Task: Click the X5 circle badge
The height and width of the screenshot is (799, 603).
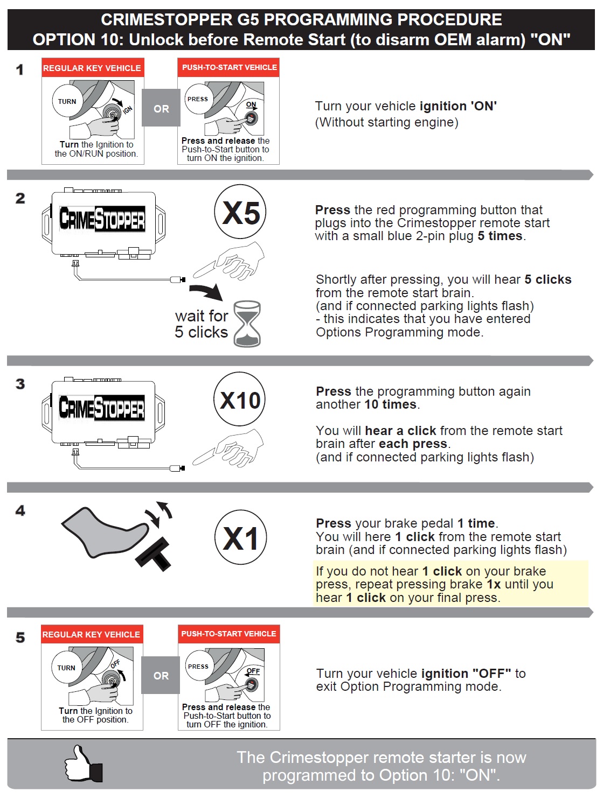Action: tap(240, 212)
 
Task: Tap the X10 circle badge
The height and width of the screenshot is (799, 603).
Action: tap(239, 399)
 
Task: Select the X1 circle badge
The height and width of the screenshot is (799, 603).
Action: tap(240, 537)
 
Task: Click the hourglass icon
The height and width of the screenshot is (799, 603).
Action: tap(247, 323)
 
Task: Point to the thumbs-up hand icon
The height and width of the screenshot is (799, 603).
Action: tap(83, 763)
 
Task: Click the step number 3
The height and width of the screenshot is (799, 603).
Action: tap(20, 384)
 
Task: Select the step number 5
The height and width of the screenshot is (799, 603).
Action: tap(20, 637)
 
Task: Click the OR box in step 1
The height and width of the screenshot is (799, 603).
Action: tap(161, 108)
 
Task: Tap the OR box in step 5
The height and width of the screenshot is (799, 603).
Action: tap(161, 676)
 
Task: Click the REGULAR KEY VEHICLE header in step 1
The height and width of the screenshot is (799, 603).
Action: tap(92, 68)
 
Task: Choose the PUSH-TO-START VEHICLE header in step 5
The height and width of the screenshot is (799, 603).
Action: tap(229, 634)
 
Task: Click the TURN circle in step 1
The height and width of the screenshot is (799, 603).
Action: tap(67, 101)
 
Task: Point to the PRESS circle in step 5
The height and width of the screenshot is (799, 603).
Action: tap(198, 666)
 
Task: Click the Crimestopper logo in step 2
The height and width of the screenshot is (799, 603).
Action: tap(102, 219)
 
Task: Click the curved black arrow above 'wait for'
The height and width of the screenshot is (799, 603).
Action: tap(206, 291)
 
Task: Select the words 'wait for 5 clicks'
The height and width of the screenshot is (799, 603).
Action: tap(202, 324)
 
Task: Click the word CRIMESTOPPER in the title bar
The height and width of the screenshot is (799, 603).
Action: tap(167, 20)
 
